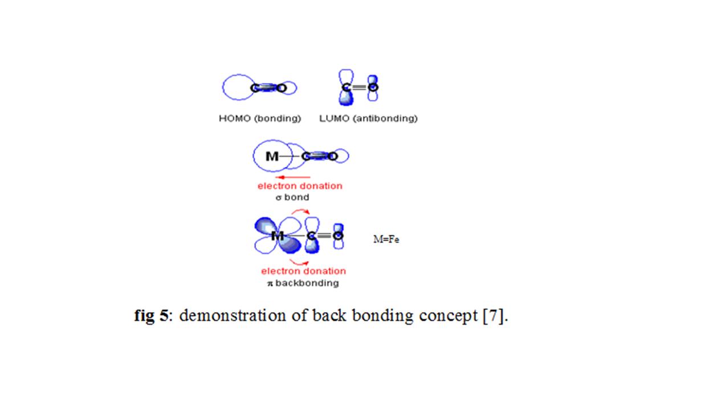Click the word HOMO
231,119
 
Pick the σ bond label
292,197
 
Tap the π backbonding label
303,283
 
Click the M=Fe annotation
386,239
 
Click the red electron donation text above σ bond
300,186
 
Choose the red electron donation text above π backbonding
303,271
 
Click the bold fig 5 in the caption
152,316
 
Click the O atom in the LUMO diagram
373,87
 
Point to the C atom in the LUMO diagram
346,87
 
